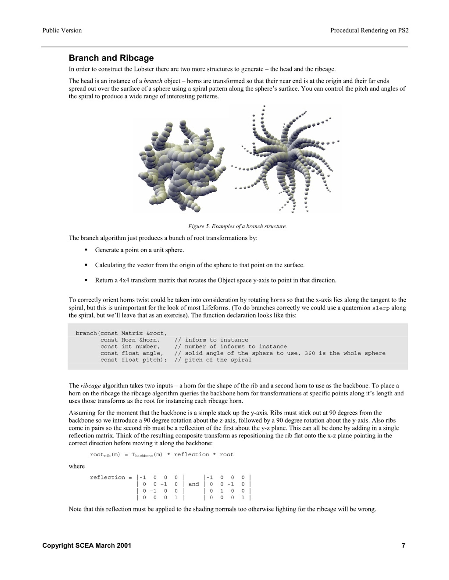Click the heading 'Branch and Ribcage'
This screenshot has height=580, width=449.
(111, 58)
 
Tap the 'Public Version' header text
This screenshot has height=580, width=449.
(62, 30)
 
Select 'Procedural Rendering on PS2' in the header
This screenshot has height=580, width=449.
(369, 30)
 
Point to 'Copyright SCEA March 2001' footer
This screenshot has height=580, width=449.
(87, 546)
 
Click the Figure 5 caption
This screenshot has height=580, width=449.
(237, 226)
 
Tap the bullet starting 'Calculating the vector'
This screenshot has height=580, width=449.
(199, 265)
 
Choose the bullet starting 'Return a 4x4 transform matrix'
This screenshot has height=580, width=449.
(215, 280)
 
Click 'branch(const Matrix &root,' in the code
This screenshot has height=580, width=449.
(121, 333)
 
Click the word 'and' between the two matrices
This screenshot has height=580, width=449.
(193, 484)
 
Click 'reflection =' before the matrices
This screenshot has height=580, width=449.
(111, 477)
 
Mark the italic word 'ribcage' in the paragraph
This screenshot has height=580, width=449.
(91, 386)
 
